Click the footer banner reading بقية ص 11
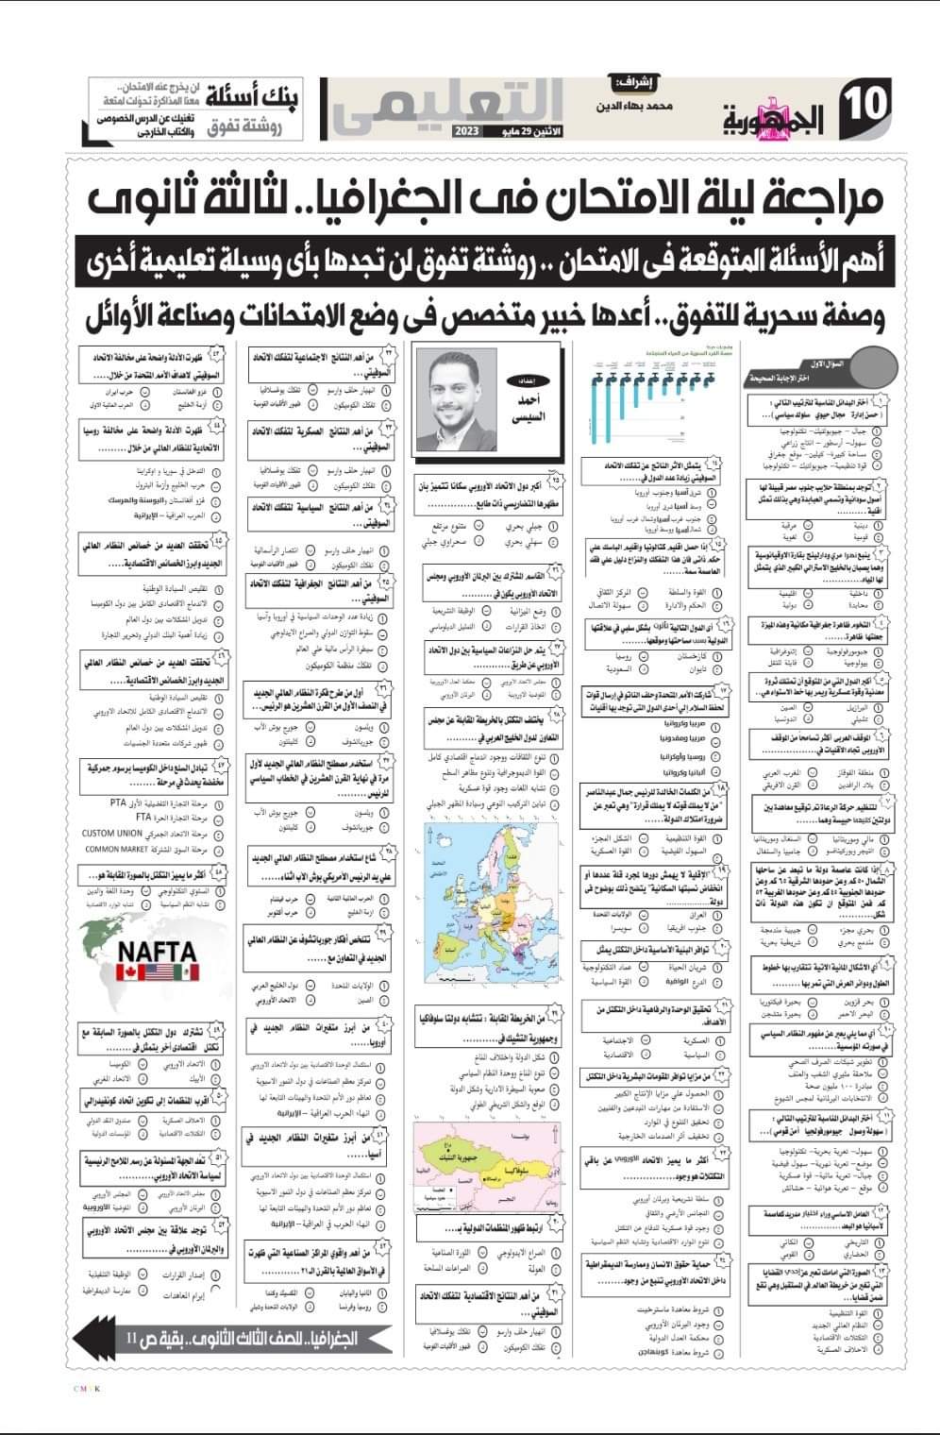point(236,1338)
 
